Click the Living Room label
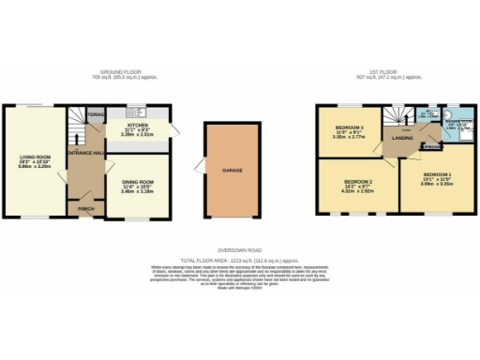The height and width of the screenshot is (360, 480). (x=33, y=157)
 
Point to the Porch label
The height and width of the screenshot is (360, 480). (x=84, y=208)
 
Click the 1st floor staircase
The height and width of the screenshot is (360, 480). (x=398, y=117)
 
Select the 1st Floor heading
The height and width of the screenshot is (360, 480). (x=386, y=72)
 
